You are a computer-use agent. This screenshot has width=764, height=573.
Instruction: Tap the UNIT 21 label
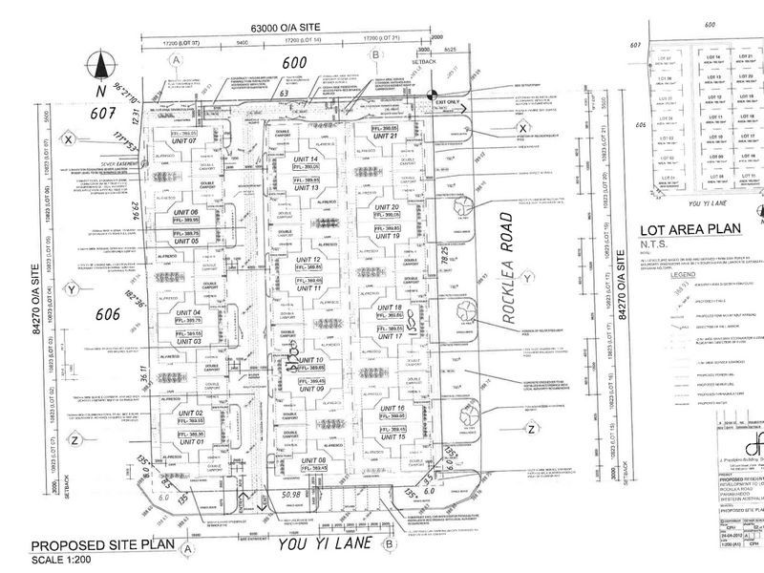pos(386,137)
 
